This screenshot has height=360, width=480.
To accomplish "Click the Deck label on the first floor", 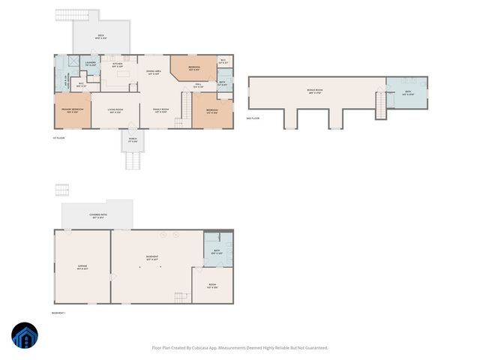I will tap(100, 36).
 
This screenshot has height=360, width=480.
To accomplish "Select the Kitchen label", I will tap(117, 65).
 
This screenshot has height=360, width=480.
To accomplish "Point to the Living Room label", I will tap(115, 109).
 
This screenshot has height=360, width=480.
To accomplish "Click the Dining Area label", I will tap(154, 72).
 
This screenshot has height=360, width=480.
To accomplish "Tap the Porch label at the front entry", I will tap(132, 140).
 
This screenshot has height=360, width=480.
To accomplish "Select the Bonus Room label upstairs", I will tap(314, 91).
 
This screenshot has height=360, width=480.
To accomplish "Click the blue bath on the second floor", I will tap(406, 92).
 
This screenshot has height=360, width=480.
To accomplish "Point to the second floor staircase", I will tap(380, 104).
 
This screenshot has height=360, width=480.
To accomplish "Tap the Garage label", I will tap(82, 267).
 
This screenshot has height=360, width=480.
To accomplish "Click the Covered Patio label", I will tap(97, 217).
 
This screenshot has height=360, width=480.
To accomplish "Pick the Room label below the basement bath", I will tap(212, 286).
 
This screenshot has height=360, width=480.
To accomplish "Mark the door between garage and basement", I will tap(112, 277).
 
